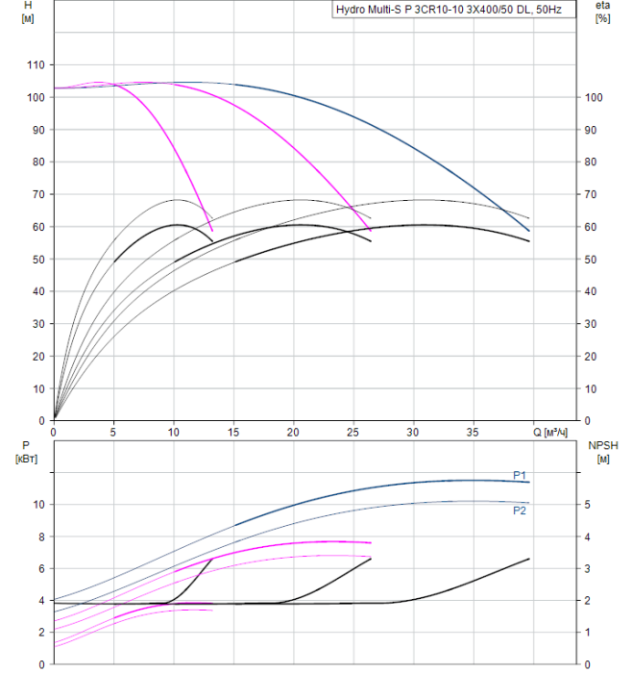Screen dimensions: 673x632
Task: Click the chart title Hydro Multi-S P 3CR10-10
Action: pos(452,9)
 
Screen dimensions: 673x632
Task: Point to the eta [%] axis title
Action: pos(603,12)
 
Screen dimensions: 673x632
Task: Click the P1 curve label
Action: pos(519,475)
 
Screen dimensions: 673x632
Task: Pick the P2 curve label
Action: pos(519,511)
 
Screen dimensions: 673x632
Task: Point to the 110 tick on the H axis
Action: pos(36,64)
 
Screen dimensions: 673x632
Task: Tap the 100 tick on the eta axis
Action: pos(594,97)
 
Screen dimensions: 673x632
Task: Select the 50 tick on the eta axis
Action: pos(591,260)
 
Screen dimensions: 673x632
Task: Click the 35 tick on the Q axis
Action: pos(474,433)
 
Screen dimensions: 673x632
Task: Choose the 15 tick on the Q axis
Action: pos(233,433)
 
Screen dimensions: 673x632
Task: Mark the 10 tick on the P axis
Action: pos(39,504)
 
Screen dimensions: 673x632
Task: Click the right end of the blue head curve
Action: pos(529,231)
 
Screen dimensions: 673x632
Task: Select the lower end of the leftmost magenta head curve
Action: pos(211,231)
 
